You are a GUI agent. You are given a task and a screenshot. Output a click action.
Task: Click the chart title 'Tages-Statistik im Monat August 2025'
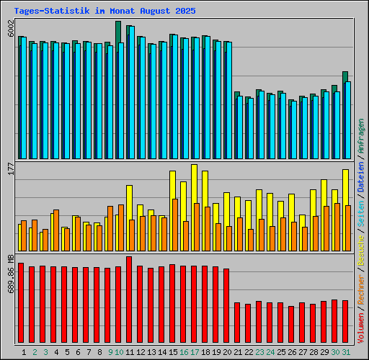pos(105,11)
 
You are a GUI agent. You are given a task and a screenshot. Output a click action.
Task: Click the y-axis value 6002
pos(10,28)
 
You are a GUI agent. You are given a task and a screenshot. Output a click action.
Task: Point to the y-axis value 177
pos(10,168)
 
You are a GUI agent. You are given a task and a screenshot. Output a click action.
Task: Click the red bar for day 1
pos(21,302)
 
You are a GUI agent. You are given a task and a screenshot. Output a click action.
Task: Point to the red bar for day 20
pos(226,305)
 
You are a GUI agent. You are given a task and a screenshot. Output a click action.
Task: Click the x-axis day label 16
pos(184,352)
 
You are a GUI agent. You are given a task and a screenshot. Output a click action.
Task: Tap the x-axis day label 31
pos(346,352)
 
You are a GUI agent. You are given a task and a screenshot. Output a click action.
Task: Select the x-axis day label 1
pos(25,352)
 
